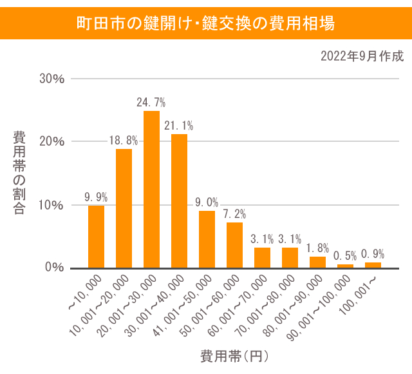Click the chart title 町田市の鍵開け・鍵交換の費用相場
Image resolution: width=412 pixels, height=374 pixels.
[x=205, y=24]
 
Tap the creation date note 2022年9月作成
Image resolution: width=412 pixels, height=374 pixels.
[x=362, y=57]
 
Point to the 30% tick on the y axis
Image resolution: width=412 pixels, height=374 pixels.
[x=52, y=79]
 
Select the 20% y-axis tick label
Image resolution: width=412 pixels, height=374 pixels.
[x=52, y=141]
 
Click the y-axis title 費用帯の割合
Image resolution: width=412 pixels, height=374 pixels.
[x=19, y=173]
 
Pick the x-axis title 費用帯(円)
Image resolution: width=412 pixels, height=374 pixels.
[x=234, y=355]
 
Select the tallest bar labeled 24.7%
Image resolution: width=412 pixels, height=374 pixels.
[x=151, y=190]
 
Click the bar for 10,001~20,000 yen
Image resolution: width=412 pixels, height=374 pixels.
[x=124, y=208]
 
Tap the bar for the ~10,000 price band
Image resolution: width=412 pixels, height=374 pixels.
[x=96, y=236]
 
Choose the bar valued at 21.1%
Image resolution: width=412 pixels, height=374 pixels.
[x=179, y=201]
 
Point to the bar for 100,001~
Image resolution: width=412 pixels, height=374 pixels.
[x=373, y=265]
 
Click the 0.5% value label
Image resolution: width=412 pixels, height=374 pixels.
[x=345, y=256]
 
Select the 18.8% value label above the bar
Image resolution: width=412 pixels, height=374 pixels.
[x=124, y=141]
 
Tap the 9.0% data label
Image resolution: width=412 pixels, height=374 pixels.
[x=207, y=202]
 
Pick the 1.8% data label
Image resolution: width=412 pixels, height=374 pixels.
[x=317, y=248]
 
